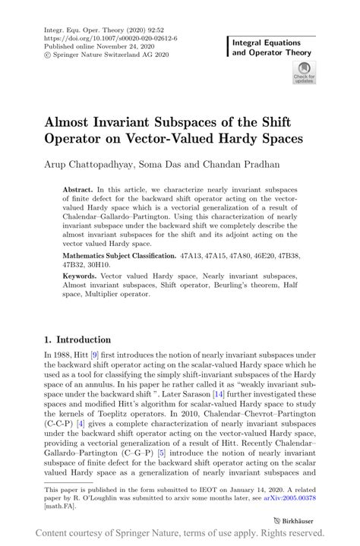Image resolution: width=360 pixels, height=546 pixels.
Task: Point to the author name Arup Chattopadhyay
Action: point(90,163)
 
